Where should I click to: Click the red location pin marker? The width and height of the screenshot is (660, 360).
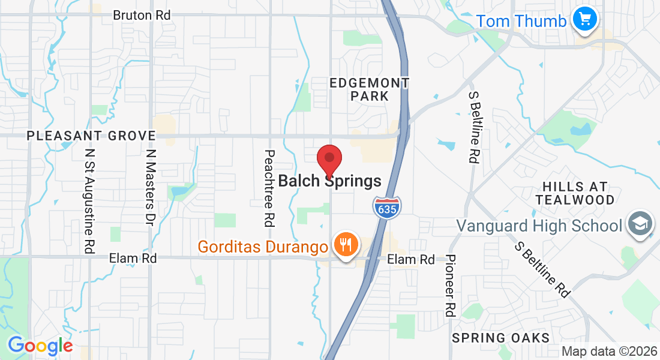coord(329,160)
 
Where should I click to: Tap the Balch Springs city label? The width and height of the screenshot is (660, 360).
coord(330,181)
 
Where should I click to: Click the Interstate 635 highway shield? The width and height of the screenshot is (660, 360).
coord(387,207)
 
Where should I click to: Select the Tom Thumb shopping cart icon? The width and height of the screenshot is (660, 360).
coord(583,20)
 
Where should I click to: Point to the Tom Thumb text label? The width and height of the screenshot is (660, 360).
coord(521,22)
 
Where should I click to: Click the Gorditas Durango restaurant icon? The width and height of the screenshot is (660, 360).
coord(346,245)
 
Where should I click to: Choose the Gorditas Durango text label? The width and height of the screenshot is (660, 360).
coord(263,246)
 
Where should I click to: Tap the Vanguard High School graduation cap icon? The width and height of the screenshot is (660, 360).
coord(640,225)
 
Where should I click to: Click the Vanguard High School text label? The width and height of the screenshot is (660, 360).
coord(539,226)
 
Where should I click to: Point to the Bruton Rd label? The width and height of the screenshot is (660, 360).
coord(142,15)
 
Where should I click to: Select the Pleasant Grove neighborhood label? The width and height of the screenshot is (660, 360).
coord(91,136)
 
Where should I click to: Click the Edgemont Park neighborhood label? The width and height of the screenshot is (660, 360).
coord(370,89)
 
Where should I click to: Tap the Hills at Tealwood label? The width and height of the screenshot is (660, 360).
coord(575,193)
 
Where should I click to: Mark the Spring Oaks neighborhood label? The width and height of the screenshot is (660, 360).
coord(501,338)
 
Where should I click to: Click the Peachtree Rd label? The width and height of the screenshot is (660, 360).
coord(269,188)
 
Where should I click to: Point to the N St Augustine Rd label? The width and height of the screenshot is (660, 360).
coord(90,201)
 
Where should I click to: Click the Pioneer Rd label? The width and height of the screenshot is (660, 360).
coord(451,285)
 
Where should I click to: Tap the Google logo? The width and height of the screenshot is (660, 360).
coord(40,346)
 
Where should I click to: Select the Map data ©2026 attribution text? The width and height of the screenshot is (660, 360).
coord(608,351)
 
